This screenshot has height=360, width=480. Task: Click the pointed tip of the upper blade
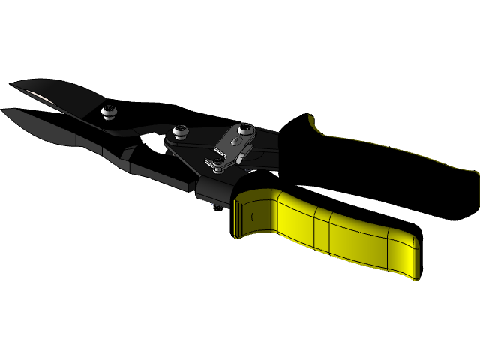[x=12, y=84]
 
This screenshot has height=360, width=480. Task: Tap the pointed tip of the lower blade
[x=4, y=111]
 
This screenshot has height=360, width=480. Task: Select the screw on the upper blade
[x=109, y=112]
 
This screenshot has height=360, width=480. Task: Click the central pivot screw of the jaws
[x=180, y=133]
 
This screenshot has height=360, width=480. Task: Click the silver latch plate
[x=229, y=146]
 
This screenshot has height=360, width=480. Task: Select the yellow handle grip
[x=337, y=232]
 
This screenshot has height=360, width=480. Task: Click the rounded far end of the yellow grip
[x=412, y=255]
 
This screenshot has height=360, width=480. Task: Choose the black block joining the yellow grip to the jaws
[x=214, y=191]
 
